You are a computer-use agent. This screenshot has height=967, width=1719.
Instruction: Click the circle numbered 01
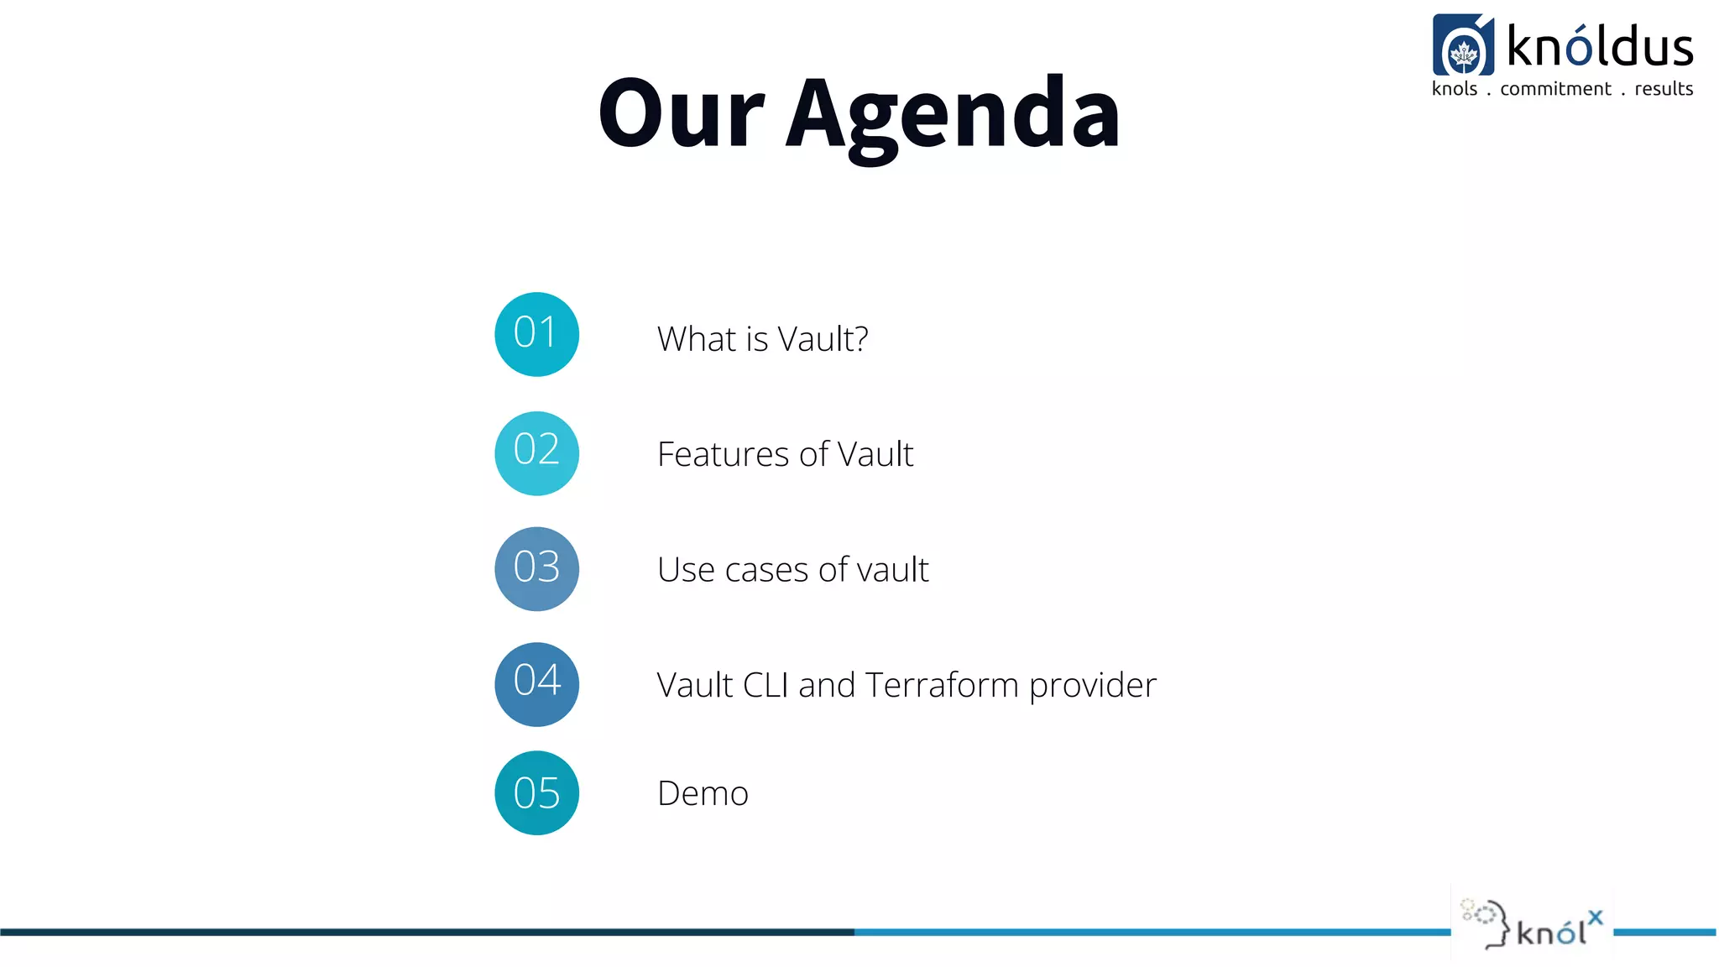point(536,334)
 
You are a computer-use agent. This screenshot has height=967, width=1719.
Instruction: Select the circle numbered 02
point(536,453)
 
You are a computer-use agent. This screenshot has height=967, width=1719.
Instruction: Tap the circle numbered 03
point(536,569)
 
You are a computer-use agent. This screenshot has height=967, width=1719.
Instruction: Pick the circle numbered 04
point(536,684)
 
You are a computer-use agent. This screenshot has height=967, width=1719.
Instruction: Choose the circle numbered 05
point(536,792)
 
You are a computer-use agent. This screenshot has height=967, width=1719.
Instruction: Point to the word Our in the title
point(681,113)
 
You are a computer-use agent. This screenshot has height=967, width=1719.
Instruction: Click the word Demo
point(703,793)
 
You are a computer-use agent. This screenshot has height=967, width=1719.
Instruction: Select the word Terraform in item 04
point(942,685)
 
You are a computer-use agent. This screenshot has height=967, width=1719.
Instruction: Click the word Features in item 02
point(723,454)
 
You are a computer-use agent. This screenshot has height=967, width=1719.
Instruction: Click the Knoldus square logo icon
point(1463,45)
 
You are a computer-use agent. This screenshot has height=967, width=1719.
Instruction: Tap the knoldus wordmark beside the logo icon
point(1600,47)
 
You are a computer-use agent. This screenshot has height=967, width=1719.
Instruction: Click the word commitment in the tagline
point(1555,89)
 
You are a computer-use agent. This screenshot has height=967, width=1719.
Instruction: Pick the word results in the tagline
point(1664,89)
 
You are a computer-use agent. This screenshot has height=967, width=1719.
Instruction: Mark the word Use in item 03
point(686,570)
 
